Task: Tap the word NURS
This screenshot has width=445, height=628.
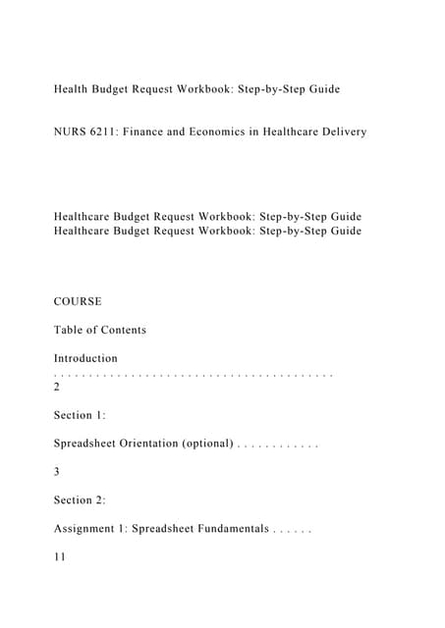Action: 72,131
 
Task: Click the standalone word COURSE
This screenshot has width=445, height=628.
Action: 78,301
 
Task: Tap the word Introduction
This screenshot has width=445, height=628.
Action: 85,358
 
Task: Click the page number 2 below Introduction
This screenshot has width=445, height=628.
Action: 57,387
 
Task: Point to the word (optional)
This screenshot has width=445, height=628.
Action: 207,444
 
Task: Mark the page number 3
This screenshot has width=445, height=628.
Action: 57,472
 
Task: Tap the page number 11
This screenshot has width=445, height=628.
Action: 60,557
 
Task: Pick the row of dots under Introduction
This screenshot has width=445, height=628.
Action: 194,374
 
